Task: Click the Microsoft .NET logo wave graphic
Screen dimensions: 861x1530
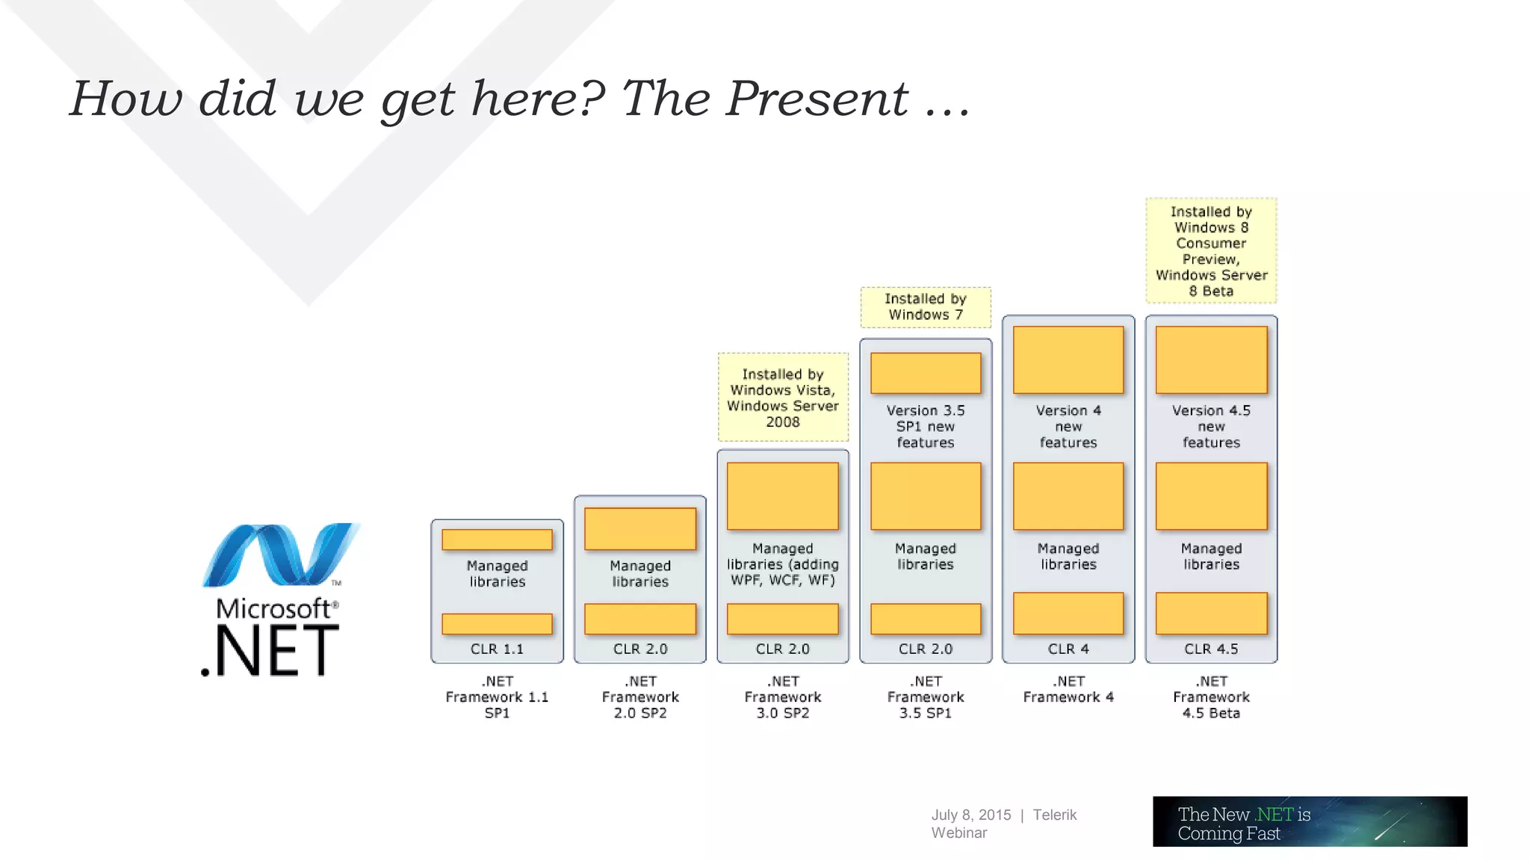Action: pos(280,555)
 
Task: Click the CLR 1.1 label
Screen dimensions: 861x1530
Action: pos(497,649)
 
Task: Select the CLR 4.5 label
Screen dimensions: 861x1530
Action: pos(1211,649)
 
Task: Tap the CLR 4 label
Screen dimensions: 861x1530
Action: pos(1068,649)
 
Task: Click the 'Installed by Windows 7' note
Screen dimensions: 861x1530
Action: pos(926,307)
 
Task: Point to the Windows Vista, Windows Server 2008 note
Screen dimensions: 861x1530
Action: pos(783,398)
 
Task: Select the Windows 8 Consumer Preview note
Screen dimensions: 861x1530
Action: pos(1211,251)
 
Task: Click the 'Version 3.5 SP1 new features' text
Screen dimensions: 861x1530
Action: pos(926,426)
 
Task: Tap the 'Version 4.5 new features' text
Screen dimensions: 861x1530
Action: pos(1211,426)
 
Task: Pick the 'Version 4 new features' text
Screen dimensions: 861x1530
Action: pos(1068,426)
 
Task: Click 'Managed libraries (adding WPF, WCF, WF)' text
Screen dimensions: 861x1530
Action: pos(783,564)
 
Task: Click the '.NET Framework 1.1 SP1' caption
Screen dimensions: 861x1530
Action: pos(497,697)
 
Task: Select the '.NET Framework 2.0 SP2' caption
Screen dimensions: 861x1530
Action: pos(640,697)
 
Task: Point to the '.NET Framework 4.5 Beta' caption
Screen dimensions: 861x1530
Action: pos(1211,697)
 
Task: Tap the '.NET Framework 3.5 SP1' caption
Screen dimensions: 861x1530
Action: pos(926,697)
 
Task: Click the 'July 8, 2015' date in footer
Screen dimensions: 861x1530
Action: pos(970,815)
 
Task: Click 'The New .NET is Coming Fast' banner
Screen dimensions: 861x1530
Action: pos(1310,821)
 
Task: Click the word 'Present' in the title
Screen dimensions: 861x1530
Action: pos(817,99)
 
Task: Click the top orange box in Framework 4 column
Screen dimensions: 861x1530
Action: pos(1068,359)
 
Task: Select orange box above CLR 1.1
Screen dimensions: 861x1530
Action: pos(497,623)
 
